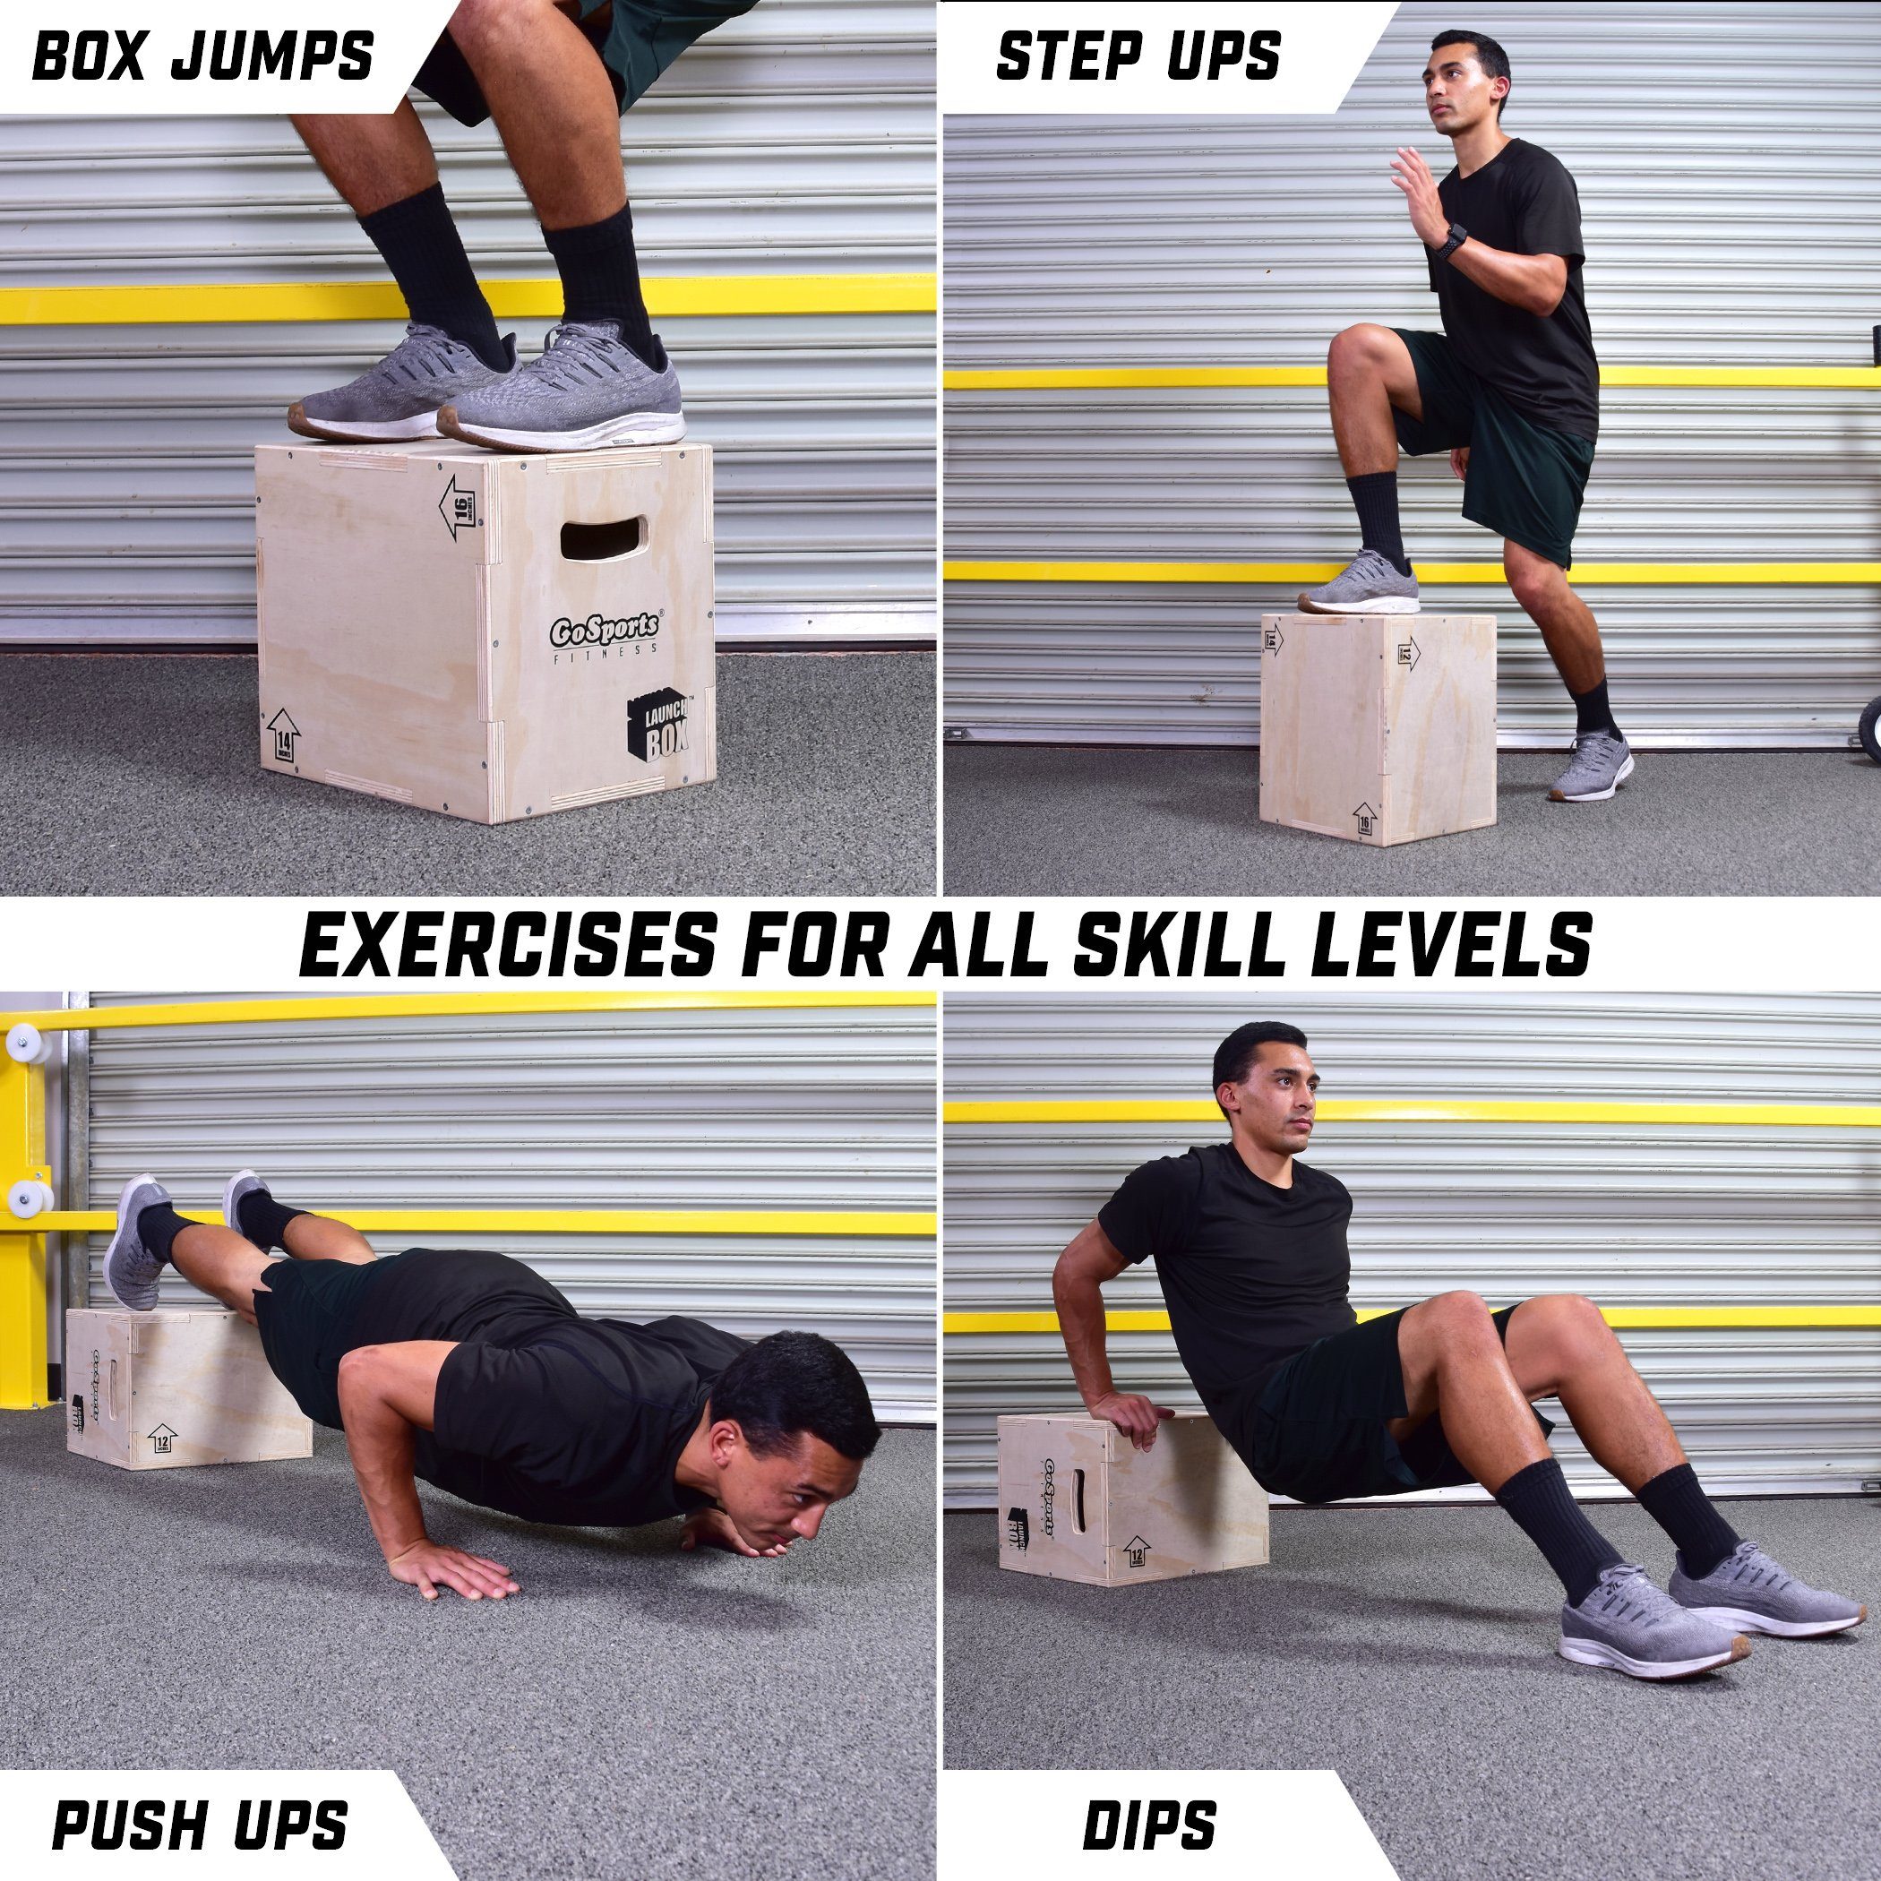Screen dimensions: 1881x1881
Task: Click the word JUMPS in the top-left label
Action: (x=273, y=56)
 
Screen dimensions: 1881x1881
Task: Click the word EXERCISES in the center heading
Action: (x=507, y=944)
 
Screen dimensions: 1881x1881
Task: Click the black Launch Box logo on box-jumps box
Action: (x=658, y=726)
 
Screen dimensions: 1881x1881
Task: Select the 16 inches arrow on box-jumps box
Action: (x=458, y=507)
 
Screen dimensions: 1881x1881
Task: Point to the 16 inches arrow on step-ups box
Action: (x=1364, y=820)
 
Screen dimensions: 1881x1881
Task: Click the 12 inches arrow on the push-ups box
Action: (x=161, y=1438)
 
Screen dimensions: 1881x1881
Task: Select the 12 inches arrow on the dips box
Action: (x=1135, y=1550)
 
